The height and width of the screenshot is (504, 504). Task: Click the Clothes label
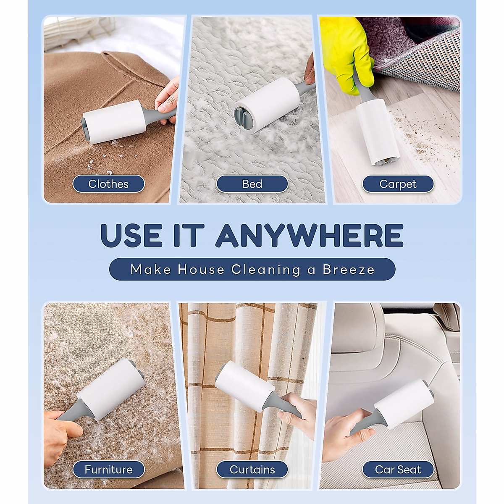[108, 184]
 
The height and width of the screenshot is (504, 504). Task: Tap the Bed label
[252, 184]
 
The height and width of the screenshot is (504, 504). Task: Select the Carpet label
[398, 184]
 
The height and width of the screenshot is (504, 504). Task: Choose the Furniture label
[108, 470]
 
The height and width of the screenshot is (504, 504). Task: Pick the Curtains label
[252, 470]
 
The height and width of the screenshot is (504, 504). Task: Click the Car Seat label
[398, 470]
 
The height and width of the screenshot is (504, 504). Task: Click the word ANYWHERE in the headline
[309, 236]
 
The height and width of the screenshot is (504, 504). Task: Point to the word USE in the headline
[131, 236]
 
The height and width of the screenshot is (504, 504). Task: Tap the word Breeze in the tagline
[348, 269]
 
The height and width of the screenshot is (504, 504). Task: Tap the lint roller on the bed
[267, 105]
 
